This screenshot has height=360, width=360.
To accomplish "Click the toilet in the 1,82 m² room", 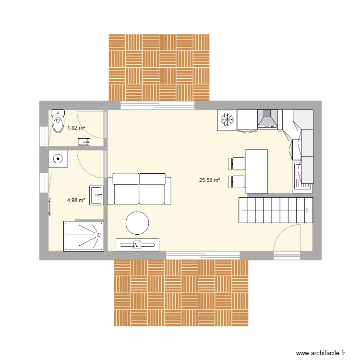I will pyautogui.click(x=58, y=122).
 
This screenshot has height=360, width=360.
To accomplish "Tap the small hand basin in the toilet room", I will pyautogui.click(x=84, y=141).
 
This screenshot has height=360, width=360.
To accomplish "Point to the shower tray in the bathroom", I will pyautogui.click(x=84, y=236).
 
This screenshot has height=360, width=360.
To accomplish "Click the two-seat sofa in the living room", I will pyautogui.click(x=139, y=189).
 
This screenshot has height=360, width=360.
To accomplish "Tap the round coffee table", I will pyautogui.click(x=137, y=223).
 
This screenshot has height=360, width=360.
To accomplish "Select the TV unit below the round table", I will pyautogui.click(x=137, y=244).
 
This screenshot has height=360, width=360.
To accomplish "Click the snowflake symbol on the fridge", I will pyautogui.click(x=226, y=120).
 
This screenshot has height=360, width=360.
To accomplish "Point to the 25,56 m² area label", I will pyautogui.click(x=209, y=180).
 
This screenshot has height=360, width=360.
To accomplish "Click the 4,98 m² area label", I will pyautogui.click(x=76, y=200).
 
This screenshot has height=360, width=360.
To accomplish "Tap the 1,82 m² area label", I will pyautogui.click(x=76, y=128).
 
